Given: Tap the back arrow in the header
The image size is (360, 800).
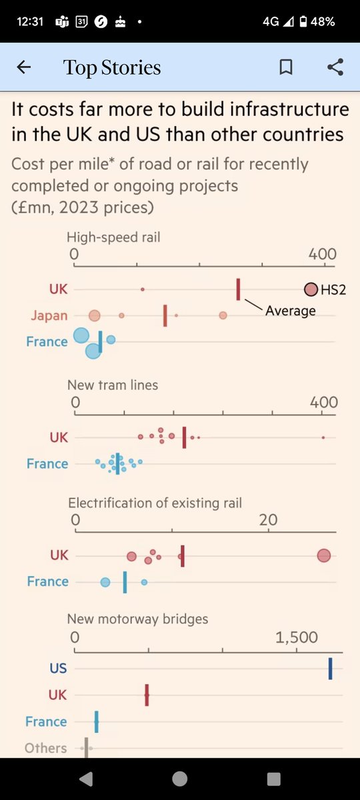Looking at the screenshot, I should pyautogui.click(x=24, y=67).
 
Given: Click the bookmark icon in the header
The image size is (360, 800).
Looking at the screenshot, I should pyautogui.click(x=286, y=67).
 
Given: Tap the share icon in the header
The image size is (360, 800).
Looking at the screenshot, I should pyautogui.click(x=335, y=67).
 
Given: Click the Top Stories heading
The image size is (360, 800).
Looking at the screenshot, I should pyautogui.click(x=112, y=67).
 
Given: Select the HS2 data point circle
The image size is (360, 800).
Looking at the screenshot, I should pyautogui.click(x=311, y=289).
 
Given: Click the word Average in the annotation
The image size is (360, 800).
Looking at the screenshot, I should pyautogui.click(x=291, y=310).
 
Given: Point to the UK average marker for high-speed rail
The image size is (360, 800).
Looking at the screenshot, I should pyautogui.click(x=238, y=290).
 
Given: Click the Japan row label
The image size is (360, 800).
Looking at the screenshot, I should pyautogui.click(x=49, y=315).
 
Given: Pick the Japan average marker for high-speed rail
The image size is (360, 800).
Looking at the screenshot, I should pyautogui.click(x=165, y=315).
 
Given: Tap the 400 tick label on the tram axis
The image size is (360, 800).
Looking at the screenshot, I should pyautogui.click(x=323, y=403).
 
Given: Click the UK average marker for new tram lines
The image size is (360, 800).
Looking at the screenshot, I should pyautogui.click(x=184, y=437).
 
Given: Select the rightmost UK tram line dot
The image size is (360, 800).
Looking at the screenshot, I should pyautogui.click(x=323, y=437).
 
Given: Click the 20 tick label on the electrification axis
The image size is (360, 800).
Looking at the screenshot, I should pyautogui.click(x=268, y=520).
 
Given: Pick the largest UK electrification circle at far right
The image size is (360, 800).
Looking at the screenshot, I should pyautogui.click(x=324, y=555).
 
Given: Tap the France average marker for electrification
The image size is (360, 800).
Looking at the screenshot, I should pyautogui.click(x=125, y=582).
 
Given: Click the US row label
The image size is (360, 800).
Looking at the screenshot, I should pyautogui.click(x=58, y=668).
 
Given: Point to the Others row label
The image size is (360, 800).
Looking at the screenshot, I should pyautogui.click(x=46, y=748).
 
